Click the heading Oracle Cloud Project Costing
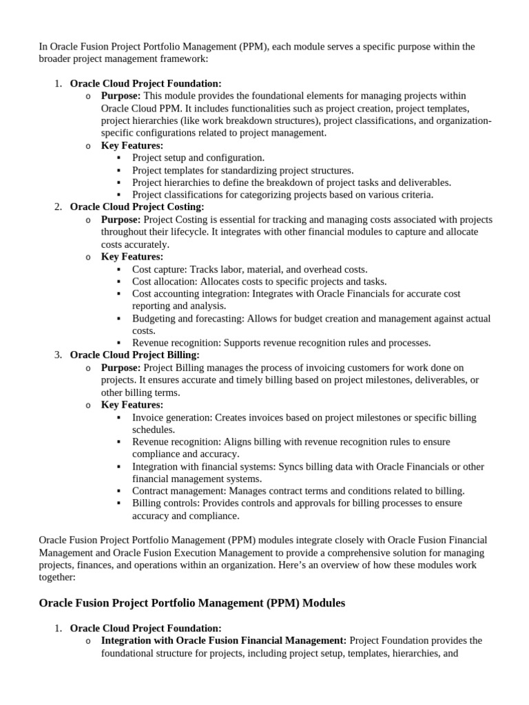pyautogui.click(x=137, y=207)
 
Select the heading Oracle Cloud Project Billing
pyautogui.click(x=135, y=355)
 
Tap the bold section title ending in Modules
pyautogui.click(x=191, y=603)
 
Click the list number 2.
pyautogui.click(x=59, y=207)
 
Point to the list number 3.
pyautogui.click(x=59, y=355)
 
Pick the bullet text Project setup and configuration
pyautogui.click(x=198, y=158)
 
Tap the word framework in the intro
pyautogui.click(x=176, y=59)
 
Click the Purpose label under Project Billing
pyautogui.click(x=121, y=368)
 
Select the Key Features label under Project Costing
pyautogui.click(x=132, y=257)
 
